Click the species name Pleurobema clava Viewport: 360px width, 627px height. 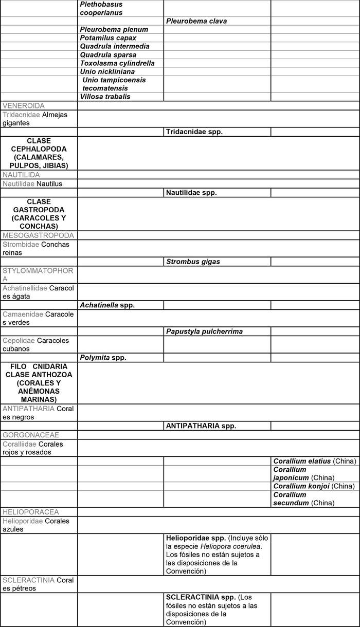pos(196,21)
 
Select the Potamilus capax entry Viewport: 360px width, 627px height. pos(108,38)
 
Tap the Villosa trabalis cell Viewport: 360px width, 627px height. pos(105,97)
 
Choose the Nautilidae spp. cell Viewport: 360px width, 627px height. pos(191,193)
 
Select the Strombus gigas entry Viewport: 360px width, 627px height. pos(193,262)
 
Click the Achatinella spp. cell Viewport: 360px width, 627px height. pos(107,305)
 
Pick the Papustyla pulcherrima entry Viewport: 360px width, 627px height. pos(204,331)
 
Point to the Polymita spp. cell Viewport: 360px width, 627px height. pos(103,357)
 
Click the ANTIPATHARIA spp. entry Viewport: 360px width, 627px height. pos(201,426)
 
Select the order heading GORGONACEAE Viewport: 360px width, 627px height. pos(31,435)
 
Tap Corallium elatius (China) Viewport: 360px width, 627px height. pos(315,461)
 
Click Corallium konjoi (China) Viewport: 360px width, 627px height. pos(314,486)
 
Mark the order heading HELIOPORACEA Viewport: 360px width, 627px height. pos(31,512)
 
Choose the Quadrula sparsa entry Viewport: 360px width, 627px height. pos(108,55)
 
